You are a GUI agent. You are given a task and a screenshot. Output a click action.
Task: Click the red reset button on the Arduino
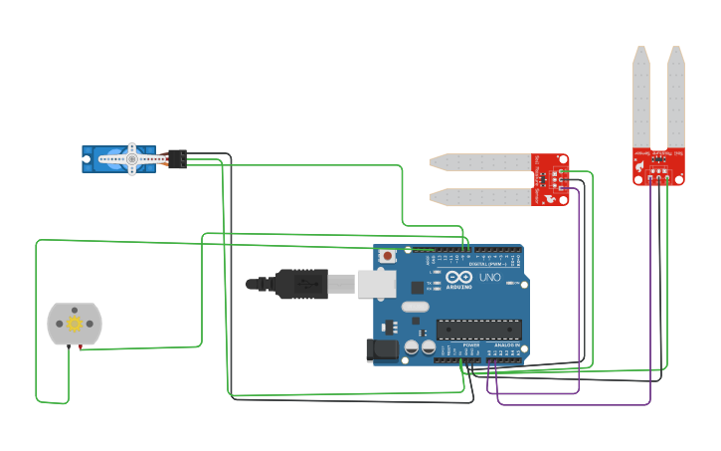[x=387, y=257]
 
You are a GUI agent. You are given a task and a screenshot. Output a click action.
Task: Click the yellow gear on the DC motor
[x=74, y=324]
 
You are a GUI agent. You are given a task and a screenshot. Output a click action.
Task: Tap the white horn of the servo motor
[x=131, y=158]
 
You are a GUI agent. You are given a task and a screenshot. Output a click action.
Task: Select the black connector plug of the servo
[x=177, y=158]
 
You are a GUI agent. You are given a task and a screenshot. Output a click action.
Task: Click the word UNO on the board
[x=489, y=278]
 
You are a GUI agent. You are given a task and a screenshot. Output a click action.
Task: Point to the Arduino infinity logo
[x=458, y=278]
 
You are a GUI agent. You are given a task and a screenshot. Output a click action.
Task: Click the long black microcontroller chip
[x=478, y=329]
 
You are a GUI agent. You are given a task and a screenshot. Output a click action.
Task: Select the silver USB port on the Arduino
[x=376, y=285]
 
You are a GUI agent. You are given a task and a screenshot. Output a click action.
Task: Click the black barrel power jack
[x=382, y=349]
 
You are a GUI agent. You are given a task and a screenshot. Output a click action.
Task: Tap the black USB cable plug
[x=301, y=285]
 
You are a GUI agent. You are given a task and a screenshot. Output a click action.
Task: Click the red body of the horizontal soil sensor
[x=551, y=179]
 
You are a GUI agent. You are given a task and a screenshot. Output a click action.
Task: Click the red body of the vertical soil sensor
[x=658, y=165]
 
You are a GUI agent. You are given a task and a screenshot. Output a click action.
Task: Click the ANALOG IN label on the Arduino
[x=504, y=344]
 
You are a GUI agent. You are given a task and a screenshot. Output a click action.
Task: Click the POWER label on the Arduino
[x=471, y=344]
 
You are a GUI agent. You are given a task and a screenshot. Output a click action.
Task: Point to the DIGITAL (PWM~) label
[x=487, y=263]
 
